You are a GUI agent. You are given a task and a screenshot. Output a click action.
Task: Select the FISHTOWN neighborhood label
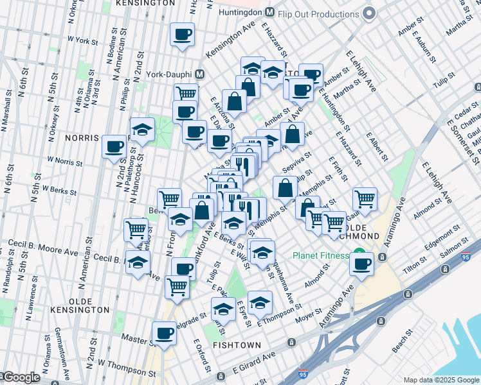tap(237, 345)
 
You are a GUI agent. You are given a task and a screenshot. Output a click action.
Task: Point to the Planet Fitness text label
tap(320, 255)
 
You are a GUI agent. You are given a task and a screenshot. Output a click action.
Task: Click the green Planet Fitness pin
tap(360, 255)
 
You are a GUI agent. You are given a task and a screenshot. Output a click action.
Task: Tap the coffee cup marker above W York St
tap(182, 35)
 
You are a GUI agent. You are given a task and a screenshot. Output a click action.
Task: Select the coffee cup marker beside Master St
tap(164, 334)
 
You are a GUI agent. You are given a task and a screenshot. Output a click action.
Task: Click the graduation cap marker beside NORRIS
tap(142, 130)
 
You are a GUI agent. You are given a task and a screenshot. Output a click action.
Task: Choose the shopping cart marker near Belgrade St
tap(177, 287)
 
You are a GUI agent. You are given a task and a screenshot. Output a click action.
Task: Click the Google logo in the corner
tap(21, 377)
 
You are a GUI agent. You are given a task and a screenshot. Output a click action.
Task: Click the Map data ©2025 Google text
tap(441, 380)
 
